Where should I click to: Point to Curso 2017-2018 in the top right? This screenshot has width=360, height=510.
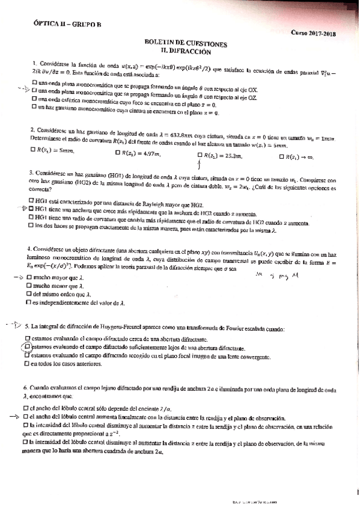tap(314, 34)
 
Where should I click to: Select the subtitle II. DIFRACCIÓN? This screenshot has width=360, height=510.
tap(186, 52)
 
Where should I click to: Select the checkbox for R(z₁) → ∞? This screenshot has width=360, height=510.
tap(284, 156)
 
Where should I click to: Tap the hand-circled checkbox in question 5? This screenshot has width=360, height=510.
tap(28, 347)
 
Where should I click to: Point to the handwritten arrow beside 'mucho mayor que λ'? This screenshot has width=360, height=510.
tap(17, 277)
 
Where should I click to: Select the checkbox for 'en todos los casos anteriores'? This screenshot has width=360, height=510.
tap(28, 363)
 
